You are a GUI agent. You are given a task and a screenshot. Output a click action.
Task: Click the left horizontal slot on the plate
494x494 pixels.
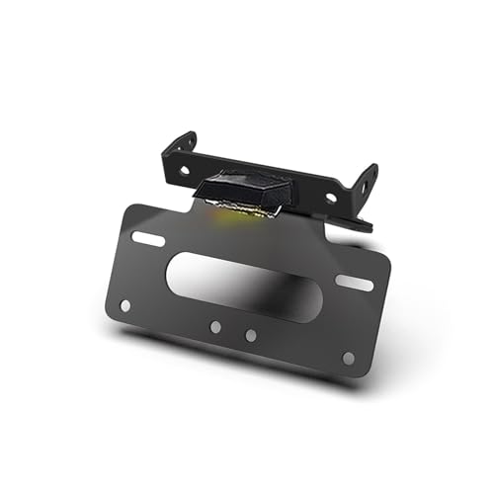[148, 240]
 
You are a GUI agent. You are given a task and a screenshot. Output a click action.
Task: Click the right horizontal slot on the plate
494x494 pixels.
[354, 283]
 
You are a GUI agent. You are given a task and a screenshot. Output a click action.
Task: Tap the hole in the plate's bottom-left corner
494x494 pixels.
[124, 305]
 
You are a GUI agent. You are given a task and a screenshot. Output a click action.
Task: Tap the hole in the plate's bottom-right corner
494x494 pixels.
[348, 358]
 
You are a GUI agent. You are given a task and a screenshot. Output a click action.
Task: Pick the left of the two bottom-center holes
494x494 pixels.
[215, 326]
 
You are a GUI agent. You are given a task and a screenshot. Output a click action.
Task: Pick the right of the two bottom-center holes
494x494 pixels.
[251, 335]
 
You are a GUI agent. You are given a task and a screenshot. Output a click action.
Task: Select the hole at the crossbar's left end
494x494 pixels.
[185, 170]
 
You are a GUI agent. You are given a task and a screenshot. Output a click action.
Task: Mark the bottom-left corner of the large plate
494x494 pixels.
[107, 313]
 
